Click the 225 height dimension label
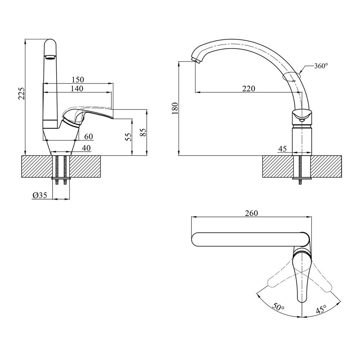(21, 94)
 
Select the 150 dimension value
(78, 80)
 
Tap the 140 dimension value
(77, 89)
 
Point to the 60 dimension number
(89, 136)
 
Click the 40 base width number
(86, 148)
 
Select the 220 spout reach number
(248, 89)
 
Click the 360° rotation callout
(321, 66)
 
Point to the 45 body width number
(283, 149)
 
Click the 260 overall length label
(251, 213)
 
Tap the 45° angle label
(321, 309)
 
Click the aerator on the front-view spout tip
(50, 57)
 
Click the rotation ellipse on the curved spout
(292, 76)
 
